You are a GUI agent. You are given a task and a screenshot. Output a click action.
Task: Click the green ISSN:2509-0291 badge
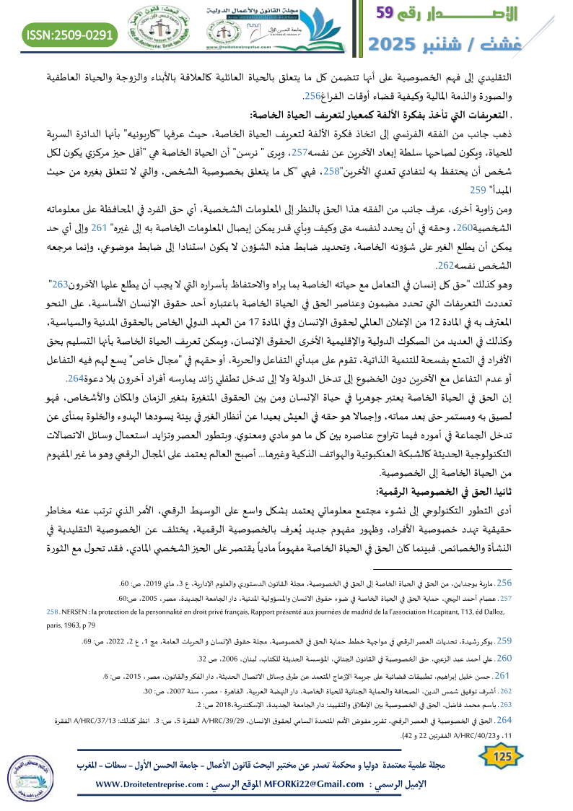pyautogui.click(x=70, y=33)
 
